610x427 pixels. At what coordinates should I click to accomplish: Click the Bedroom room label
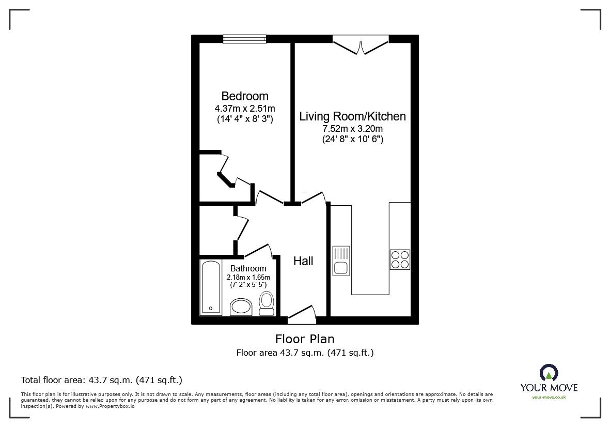(245, 96)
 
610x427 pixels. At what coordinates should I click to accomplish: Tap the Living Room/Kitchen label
(352, 116)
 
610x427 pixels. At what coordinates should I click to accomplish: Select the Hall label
(303, 261)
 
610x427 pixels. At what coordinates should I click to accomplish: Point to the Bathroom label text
(248, 268)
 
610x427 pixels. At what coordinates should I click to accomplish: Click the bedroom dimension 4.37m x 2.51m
(245, 108)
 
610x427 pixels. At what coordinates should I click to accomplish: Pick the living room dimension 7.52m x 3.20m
(352, 128)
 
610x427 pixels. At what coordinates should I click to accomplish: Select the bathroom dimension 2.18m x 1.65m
(248, 278)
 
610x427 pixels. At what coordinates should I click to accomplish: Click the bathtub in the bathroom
(210, 287)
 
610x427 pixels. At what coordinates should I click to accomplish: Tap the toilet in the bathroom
(267, 303)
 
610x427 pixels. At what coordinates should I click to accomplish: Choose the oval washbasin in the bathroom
(241, 307)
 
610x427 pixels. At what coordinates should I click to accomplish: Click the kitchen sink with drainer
(341, 261)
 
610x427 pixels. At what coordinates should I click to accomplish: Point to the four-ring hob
(400, 260)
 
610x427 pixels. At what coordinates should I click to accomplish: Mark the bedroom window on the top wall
(245, 39)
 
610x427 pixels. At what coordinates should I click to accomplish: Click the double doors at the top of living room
(361, 44)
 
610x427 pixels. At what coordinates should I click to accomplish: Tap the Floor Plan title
(305, 339)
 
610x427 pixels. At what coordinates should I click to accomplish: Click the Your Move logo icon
(549, 373)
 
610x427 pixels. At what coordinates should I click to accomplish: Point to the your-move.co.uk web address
(549, 397)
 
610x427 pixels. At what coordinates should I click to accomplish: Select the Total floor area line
(102, 380)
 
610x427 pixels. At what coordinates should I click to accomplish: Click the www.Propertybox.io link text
(110, 406)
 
